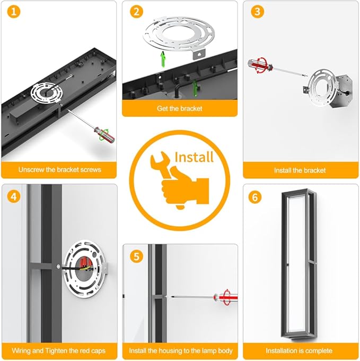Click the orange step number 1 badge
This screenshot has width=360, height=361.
coord(14,12)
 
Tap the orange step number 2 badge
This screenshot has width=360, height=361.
coord(137,12)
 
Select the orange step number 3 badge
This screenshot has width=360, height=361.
coord(258,12)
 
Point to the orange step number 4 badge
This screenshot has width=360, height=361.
coord(14,196)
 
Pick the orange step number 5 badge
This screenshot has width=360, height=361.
coord(137,256)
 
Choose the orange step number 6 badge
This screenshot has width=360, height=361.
coord(255,197)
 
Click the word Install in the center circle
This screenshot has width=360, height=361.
coord(194,157)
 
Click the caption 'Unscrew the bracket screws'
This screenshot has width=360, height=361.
coord(60,170)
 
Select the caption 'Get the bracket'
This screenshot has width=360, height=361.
coord(180,108)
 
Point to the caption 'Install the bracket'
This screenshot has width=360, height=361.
coord(300,170)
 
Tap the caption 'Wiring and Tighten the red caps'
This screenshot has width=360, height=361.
coord(59,350)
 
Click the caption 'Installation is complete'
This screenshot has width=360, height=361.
coord(299,350)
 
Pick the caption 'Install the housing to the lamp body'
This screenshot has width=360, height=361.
coord(181,350)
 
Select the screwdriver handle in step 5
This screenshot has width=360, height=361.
coord(226,297)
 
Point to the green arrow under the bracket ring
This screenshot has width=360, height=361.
coord(163,59)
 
